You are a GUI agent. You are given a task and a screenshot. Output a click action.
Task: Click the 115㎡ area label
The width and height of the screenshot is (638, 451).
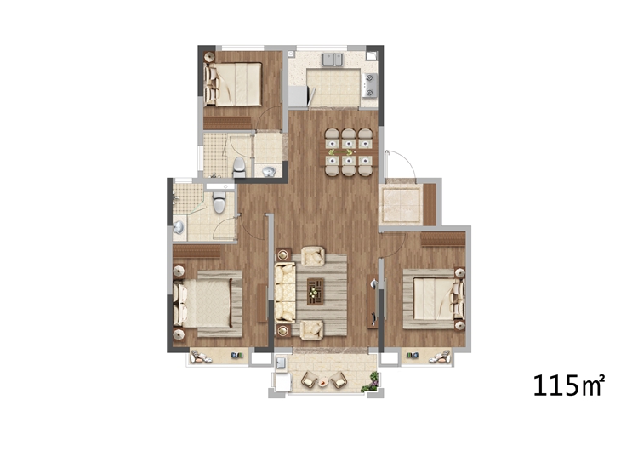[568, 385]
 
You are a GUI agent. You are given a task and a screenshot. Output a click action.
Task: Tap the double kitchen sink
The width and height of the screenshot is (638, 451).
[333, 60]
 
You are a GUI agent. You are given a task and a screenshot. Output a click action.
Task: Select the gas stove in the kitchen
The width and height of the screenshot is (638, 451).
[370, 85]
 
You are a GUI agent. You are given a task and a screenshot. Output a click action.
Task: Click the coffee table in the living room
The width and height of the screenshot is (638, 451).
[316, 291]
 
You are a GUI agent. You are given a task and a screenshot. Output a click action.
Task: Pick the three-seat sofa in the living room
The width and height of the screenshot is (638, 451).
[285, 293]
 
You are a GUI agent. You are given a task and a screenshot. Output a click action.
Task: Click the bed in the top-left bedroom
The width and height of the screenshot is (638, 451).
[233, 84]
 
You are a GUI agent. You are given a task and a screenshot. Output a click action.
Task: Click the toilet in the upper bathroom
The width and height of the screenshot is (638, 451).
[239, 168]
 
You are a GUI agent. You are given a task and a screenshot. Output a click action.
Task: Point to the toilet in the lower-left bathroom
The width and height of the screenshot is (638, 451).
[219, 203]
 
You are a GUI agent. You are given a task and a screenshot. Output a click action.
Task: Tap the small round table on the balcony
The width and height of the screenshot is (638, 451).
[324, 382]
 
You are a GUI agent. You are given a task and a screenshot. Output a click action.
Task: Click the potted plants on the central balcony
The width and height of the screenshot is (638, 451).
[371, 383]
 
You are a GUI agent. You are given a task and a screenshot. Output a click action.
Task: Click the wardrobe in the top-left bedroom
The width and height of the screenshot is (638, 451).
[227, 123]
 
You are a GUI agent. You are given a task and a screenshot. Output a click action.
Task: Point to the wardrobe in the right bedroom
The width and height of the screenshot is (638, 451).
[443, 239]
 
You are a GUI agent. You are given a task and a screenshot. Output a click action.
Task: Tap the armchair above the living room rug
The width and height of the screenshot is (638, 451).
[313, 256]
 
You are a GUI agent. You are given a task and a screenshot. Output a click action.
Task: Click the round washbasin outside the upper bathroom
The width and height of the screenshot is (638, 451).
[269, 172]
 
